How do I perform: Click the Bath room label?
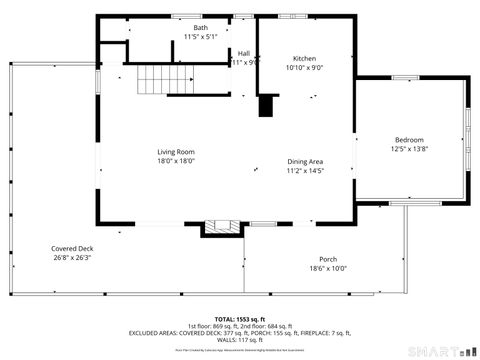tap(200, 28)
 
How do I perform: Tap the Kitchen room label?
tap(304, 58)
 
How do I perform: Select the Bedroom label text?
tap(409, 139)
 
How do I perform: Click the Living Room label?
tap(175, 152)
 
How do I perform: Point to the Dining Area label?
tap(305, 161)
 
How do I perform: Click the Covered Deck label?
tap(72, 248)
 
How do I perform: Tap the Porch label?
tap(327, 259)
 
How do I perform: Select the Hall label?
tap(244, 53)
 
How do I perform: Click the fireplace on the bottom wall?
tap(221, 228)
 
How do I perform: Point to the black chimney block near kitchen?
tap(267, 106)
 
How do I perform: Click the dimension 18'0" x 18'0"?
tap(175, 161)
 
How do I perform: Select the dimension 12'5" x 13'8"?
tap(409, 148)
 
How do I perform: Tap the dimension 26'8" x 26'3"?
tap(72, 257)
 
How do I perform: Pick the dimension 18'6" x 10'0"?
tap(327, 268)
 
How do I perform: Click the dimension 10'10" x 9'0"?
tap(304, 67)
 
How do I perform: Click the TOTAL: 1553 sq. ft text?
tap(241, 318)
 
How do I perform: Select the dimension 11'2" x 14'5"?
tap(305, 170)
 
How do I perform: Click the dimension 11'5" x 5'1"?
tap(200, 37)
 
